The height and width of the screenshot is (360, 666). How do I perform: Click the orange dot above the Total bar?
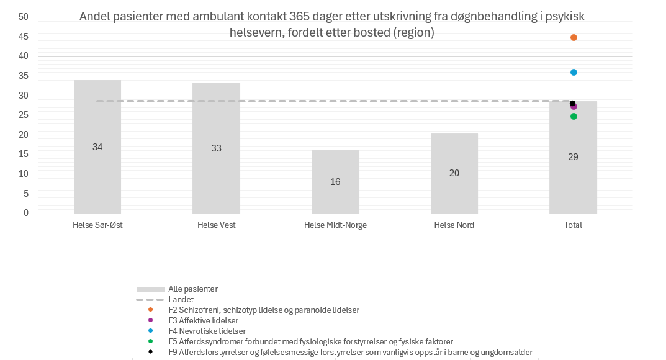tap(574, 38)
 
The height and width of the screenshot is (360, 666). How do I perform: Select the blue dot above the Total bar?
tap(574, 73)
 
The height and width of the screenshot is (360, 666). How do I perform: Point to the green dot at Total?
tap(574, 117)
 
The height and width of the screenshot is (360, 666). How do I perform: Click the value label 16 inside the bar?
tap(335, 182)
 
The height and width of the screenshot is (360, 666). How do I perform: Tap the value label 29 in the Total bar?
tap(573, 157)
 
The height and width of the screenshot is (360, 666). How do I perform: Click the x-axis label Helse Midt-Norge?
tap(335, 225)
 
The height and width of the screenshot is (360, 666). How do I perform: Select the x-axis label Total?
tap(573, 225)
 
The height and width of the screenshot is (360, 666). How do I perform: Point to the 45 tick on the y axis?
tap(24, 37)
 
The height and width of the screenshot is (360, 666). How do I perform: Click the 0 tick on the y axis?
tap(26, 213)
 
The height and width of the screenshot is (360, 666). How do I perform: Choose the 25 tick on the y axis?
tap(24, 115)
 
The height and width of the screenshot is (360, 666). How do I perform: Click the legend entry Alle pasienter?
tap(192, 289)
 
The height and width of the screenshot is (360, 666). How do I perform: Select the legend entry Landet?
tap(181, 299)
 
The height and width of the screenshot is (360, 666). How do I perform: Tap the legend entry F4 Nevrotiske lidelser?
tap(207, 331)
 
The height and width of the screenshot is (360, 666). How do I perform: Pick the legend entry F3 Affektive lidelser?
tap(203, 320)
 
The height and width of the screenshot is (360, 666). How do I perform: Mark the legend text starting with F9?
tap(350, 352)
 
